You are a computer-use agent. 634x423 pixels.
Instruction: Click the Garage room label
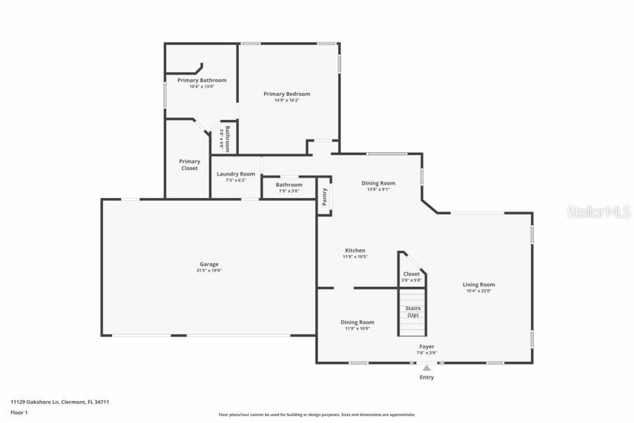pyautogui.click(x=209, y=264)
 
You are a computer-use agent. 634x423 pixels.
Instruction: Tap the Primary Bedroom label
pyautogui.click(x=287, y=94)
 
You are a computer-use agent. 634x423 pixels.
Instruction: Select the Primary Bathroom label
pyautogui.click(x=201, y=80)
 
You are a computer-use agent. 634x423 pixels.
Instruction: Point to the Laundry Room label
pyautogui.click(x=235, y=174)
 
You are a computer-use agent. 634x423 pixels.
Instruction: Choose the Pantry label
pyautogui.click(x=324, y=197)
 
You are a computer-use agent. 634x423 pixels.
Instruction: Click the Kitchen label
pyautogui.click(x=355, y=250)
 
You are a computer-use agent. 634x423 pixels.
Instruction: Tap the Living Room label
pyautogui.click(x=478, y=285)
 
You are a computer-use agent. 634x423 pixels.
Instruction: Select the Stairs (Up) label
pyautogui.click(x=413, y=312)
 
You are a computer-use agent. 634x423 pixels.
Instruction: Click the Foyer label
pyautogui.click(x=427, y=347)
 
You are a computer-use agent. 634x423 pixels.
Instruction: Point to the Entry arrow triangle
pyautogui.click(x=426, y=367)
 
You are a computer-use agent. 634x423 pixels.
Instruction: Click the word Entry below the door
pyautogui.click(x=427, y=377)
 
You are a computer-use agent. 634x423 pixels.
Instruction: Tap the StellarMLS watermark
pyautogui.click(x=598, y=211)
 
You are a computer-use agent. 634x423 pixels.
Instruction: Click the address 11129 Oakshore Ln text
pyautogui.click(x=60, y=402)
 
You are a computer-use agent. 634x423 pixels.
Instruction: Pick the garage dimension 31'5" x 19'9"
pyautogui.click(x=209, y=271)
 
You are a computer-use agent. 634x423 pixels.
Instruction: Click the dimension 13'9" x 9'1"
pyautogui.click(x=378, y=189)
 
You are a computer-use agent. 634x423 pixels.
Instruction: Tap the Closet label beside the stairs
pyautogui.click(x=411, y=274)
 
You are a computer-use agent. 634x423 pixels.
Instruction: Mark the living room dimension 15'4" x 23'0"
pyautogui.click(x=478, y=291)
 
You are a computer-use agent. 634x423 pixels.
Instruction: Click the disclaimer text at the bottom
pyautogui.click(x=316, y=415)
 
